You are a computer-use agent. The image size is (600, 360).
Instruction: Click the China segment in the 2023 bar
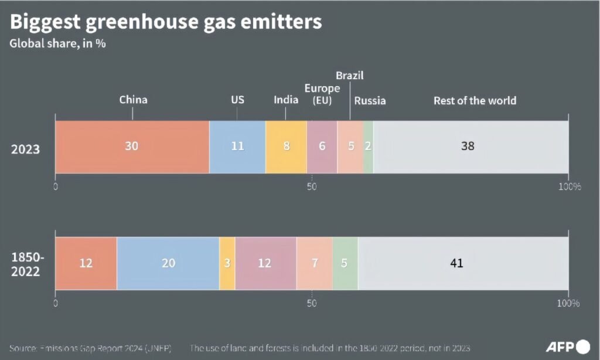click(132, 147)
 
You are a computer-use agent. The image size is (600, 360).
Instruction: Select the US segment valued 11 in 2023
click(237, 147)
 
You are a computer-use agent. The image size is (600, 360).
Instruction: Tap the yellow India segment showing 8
click(286, 147)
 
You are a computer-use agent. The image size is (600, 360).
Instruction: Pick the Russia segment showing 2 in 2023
click(368, 147)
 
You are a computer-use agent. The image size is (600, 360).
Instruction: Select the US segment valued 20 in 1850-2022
click(168, 263)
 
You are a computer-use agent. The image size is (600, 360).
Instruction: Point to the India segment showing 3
click(227, 263)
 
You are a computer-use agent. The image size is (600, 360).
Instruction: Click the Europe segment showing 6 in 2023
click(322, 147)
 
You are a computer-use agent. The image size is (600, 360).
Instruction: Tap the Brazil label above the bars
click(350, 75)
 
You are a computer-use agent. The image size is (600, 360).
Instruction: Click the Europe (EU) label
click(322, 94)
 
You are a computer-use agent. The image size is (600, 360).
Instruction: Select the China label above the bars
click(133, 100)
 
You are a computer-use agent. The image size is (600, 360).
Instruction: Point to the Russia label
click(370, 100)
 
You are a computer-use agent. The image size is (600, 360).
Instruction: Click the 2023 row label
click(26, 149)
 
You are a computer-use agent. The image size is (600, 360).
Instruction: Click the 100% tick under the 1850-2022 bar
click(568, 303)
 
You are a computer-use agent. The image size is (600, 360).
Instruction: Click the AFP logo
click(568, 347)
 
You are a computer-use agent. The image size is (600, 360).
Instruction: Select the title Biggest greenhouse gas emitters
click(166, 22)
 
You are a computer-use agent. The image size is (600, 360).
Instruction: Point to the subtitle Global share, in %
click(57, 44)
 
